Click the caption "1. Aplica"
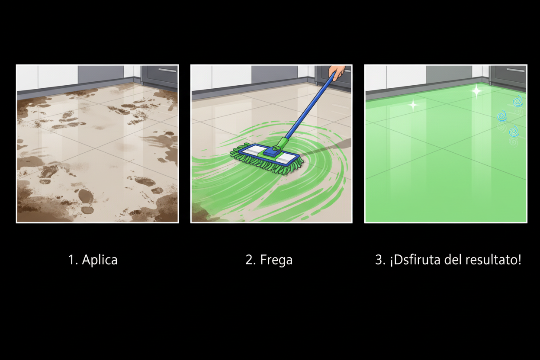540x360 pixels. pyautogui.click(x=93, y=260)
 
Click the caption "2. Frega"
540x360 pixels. pyautogui.click(x=269, y=260)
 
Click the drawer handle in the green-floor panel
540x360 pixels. pyautogui.click(x=516, y=70)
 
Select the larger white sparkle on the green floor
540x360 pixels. pyautogui.click(x=476, y=91)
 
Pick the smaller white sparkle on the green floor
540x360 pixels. pyautogui.click(x=413, y=105)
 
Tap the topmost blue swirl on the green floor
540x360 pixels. pyautogui.click(x=517, y=101)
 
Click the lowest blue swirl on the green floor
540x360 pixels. pyautogui.click(x=514, y=132)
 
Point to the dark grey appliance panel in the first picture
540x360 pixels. pyautogui.click(x=100, y=74)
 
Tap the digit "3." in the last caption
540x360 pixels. pyautogui.click(x=380, y=260)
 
